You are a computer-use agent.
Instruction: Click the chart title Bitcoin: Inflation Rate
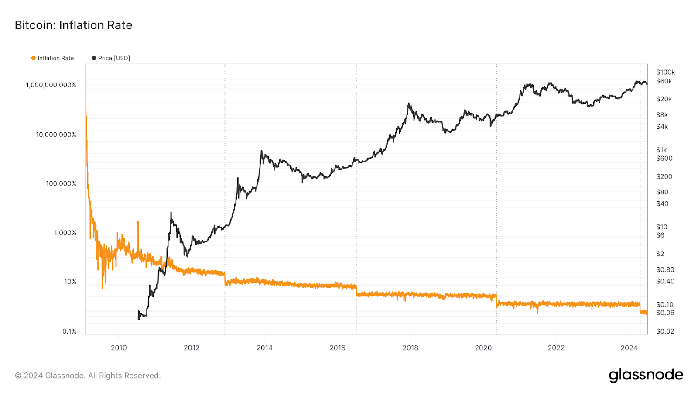point(73,25)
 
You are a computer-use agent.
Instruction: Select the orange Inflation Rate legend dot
point(33,58)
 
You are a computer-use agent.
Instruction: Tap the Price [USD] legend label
point(114,58)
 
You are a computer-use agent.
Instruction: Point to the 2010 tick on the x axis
point(119,348)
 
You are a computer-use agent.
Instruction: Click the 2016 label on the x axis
point(337,348)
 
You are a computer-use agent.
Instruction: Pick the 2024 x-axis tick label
point(629,348)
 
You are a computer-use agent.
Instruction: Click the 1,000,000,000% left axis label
point(51,85)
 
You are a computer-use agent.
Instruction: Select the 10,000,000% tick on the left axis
point(56,134)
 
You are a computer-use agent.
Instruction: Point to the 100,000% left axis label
point(61,183)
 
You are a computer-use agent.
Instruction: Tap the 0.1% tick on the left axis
point(69,331)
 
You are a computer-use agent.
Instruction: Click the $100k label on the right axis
point(665,72)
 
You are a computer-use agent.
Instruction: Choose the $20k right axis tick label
point(664,99)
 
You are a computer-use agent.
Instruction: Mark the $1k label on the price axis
point(661,150)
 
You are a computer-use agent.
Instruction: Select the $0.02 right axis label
point(665,331)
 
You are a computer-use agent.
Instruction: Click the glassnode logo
point(646,375)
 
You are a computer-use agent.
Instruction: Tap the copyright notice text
point(88,376)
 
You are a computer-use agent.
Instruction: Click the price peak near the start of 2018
point(409,103)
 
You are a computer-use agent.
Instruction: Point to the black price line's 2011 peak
point(171,213)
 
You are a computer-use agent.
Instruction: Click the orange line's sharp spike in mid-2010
point(138,221)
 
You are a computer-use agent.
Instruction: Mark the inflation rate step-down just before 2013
point(225,279)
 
